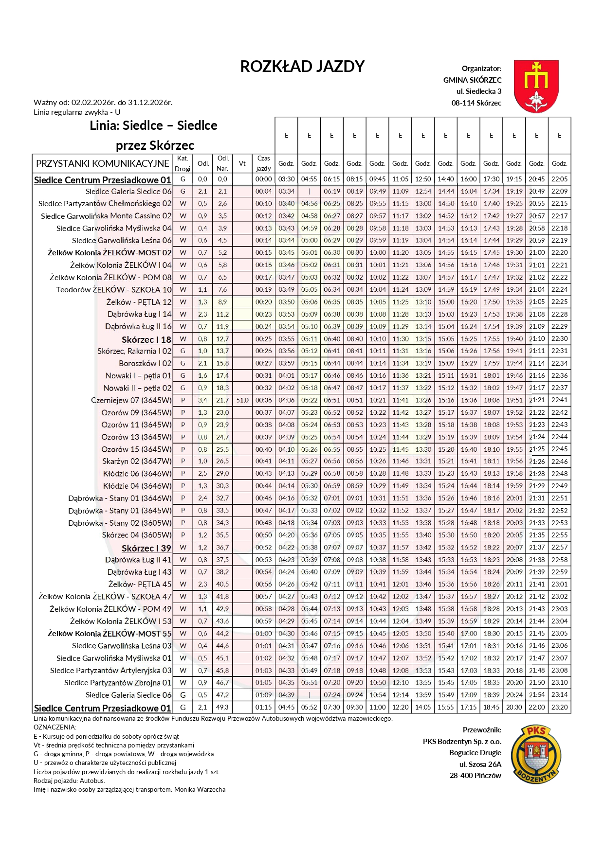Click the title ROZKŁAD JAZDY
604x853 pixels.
point(302,67)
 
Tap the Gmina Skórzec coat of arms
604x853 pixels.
point(536,86)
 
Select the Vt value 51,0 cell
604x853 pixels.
point(242,400)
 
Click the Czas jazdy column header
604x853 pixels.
point(263,163)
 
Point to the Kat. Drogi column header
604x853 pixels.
point(183,163)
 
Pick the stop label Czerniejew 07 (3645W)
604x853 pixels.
point(131,400)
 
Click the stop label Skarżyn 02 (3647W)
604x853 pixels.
point(137,462)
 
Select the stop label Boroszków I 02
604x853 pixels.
point(145,363)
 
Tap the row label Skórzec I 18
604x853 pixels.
point(146,339)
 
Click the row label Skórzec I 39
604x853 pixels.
point(146,548)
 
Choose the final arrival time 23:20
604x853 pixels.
point(559,707)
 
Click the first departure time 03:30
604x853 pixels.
point(286,179)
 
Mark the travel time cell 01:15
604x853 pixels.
point(263,707)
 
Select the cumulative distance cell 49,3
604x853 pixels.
point(222,707)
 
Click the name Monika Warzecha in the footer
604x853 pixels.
point(200,789)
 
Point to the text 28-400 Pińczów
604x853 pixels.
point(475,775)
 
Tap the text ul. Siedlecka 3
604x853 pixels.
point(478,91)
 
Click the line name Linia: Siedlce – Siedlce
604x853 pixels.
point(153,126)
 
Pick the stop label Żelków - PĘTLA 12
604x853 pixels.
point(139,302)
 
